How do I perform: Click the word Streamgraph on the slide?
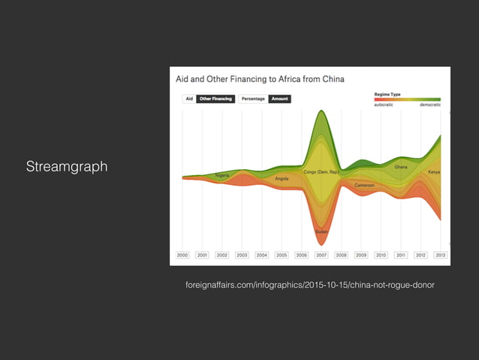67,166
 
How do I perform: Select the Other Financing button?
215,98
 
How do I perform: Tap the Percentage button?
254,98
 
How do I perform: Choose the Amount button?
280,98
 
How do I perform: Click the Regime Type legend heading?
387,94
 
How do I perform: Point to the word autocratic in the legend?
384,104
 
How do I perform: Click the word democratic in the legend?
429,104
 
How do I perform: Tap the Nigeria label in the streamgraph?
222,175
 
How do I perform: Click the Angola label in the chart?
282,179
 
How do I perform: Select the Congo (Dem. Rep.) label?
321,171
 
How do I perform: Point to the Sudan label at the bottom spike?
321,231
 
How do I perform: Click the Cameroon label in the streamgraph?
365,185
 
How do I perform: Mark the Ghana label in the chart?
401,167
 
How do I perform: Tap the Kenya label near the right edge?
434,172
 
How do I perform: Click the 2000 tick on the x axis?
182,256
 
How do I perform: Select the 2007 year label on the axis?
321,256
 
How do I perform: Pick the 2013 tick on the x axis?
440,256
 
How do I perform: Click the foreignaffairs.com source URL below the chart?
309,285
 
